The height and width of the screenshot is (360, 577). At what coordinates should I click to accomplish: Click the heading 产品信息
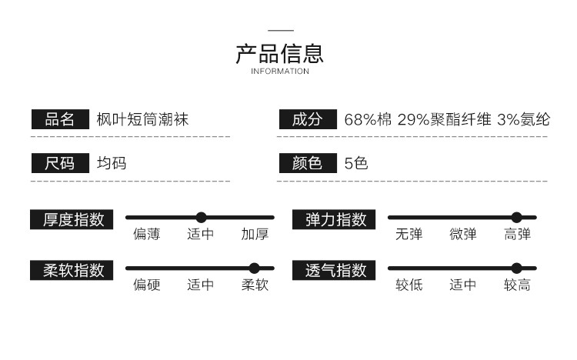(x=280, y=53)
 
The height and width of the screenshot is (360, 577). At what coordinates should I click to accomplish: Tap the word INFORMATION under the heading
(x=280, y=72)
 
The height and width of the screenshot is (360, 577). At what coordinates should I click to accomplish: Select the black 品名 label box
(x=60, y=119)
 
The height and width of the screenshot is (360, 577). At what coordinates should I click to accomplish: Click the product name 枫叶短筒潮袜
(x=142, y=119)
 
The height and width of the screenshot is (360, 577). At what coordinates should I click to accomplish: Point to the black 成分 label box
(x=308, y=119)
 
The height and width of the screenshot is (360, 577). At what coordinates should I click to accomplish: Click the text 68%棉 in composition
(x=368, y=120)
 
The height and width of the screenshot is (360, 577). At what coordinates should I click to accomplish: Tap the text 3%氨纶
(x=523, y=120)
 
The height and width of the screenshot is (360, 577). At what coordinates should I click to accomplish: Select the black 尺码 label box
(x=60, y=163)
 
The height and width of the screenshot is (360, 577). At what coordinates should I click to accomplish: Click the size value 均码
(x=112, y=163)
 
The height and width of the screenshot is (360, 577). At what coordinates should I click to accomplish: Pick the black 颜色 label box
(x=308, y=163)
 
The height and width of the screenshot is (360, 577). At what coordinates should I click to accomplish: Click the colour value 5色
(x=356, y=163)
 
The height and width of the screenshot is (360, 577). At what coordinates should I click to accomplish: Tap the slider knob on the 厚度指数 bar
(x=201, y=218)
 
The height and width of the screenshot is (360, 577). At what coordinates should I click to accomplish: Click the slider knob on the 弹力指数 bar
(x=517, y=218)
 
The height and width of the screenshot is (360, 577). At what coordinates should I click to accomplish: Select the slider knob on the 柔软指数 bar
(x=255, y=268)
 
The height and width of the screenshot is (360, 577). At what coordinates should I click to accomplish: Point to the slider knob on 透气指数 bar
(x=517, y=268)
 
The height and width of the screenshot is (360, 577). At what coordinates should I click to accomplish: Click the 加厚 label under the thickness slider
(x=255, y=234)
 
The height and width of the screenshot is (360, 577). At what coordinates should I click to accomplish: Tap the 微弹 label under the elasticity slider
(x=463, y=234)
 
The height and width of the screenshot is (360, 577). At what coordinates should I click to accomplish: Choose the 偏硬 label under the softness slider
(x=146, y=285)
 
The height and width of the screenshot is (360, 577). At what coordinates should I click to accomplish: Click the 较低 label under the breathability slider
(x=409, y=285)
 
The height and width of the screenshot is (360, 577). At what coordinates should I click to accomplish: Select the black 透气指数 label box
(x=334, y=270)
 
